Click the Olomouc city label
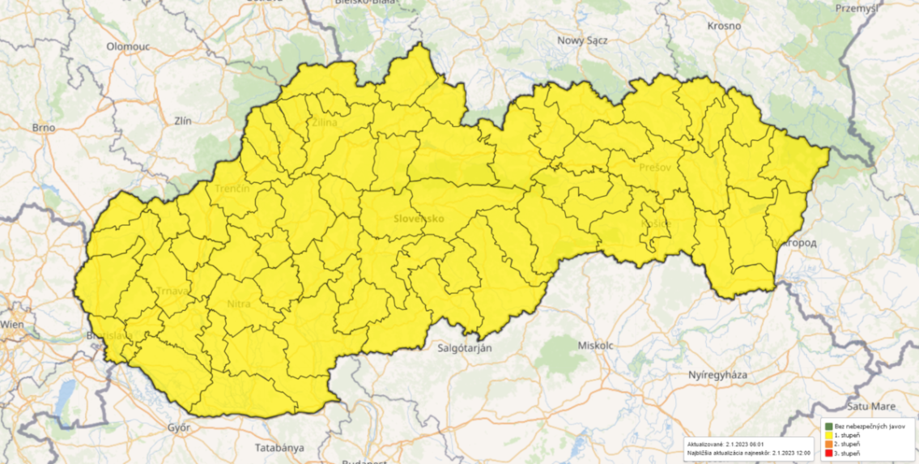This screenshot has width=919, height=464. point(126,47)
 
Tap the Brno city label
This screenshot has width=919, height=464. point(42,127)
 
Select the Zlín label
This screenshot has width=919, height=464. point(183,121)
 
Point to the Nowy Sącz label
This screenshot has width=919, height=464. point(583,40)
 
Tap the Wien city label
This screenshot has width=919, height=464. point(12,324)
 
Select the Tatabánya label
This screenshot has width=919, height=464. point(279,447)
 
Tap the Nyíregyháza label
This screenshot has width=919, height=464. point(717,375)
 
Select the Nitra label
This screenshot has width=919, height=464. point(239,304)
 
